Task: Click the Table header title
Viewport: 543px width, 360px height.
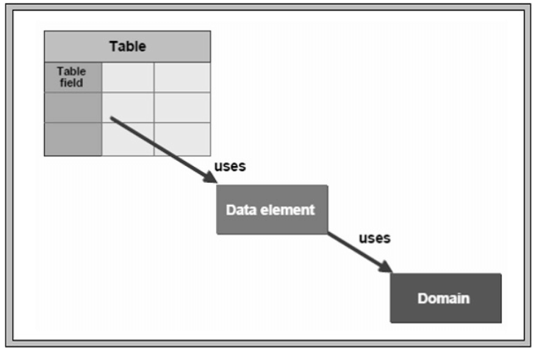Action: (x=127, y=46)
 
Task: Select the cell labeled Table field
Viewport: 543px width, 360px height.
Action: (x=72, y=77)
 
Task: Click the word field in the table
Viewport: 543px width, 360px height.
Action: (x=72, y=83)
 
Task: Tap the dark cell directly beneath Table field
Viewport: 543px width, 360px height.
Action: (x=73, y=107)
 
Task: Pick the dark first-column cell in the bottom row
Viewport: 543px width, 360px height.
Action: (x=73, y=139)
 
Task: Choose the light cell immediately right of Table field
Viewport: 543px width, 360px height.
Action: (x=128, y=77)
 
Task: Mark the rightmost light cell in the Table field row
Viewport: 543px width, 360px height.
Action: (x=181, y=77)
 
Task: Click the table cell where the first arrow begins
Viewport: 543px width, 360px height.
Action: (x=128, y=107)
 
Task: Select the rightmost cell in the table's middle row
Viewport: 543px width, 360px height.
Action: (x=181, y=107)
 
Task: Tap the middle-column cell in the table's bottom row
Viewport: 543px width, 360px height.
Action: (x=128, y=139)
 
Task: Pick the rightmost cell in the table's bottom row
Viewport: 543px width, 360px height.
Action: (x=181, y=139)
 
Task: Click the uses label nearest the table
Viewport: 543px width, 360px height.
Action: (x=229, y=166)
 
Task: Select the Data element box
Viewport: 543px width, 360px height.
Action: (x=271, y=209)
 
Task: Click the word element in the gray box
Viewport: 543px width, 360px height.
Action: (x=292, y=209)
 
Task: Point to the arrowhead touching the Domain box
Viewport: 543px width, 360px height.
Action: (x=385, y=268)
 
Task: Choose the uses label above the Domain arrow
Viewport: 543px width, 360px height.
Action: (x=374, y=238)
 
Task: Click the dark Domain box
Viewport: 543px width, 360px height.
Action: (x=445, y=298)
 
